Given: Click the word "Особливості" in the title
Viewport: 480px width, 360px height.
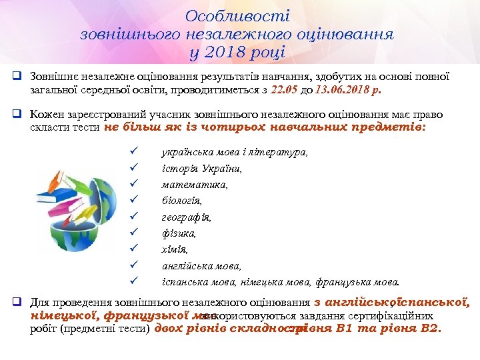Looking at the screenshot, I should click(x=238, y=15).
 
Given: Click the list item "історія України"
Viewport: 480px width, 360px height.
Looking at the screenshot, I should click(x=202, y=169).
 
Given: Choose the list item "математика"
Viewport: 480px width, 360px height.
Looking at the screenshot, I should click(x=195, y=185).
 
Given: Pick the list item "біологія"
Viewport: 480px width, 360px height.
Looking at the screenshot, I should click(x=182, y=201).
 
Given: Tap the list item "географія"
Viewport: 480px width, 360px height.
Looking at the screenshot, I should click(x=186, y=217).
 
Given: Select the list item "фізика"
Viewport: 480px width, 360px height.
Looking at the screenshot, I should click(x=179, y=233).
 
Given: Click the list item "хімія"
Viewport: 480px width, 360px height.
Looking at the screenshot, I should click(x=175, y=249).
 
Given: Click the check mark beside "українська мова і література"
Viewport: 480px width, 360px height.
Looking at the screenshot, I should click(x=133, y=153).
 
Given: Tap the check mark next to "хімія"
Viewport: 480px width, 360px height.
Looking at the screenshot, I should click(x=133, y=249).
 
